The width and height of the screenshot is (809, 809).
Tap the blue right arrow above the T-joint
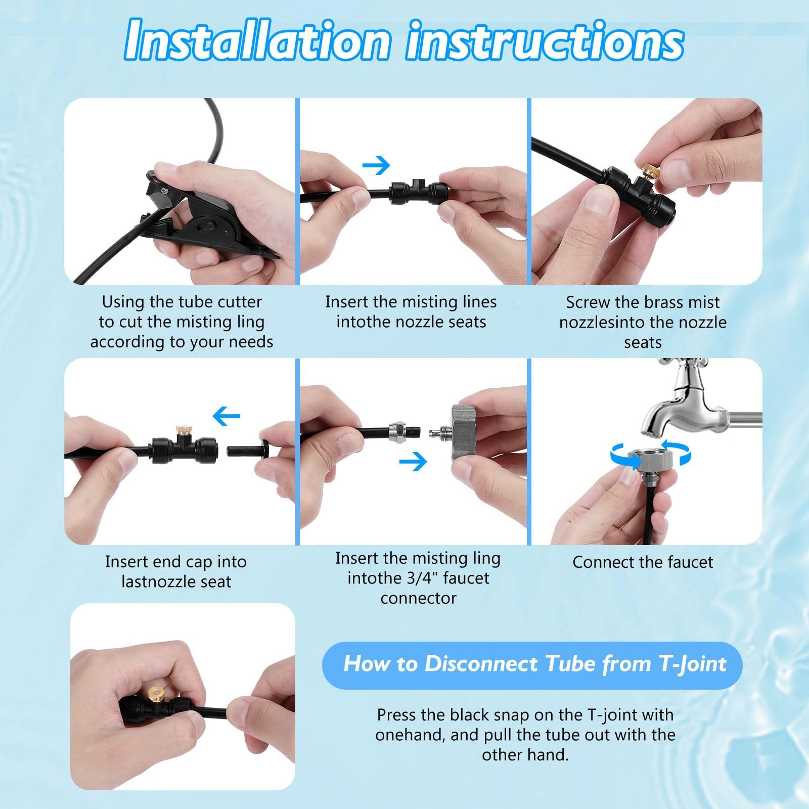tap(377, 165)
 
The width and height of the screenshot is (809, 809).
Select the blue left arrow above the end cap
tap(227, 417)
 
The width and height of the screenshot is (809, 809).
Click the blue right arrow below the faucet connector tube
tap(413, 461)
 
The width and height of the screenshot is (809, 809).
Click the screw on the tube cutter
tap(163, 190)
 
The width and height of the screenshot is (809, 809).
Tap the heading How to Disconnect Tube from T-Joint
tap(534, 664)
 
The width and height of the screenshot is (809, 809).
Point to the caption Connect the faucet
tap(643, 562)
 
